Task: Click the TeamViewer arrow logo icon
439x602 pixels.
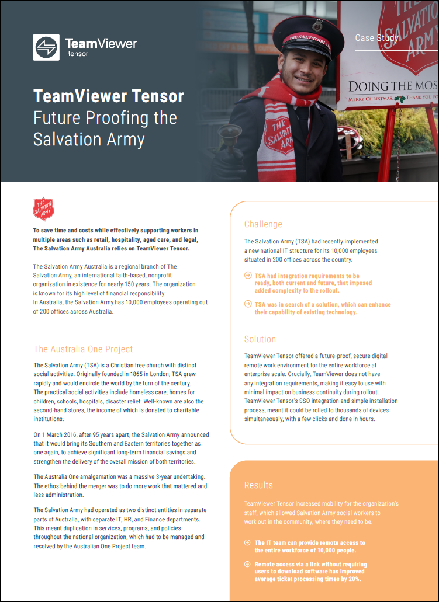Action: [46, 47]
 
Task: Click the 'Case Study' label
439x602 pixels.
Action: [376, 39]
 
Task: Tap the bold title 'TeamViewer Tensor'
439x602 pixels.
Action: [109, 96]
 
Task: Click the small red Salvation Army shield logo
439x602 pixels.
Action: [43, 209]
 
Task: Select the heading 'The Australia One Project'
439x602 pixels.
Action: [83, 349]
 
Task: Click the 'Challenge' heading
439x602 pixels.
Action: [263, 224]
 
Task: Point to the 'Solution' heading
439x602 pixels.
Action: [260, 339]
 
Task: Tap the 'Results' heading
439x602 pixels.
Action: [258, 485]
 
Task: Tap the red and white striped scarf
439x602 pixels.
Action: [280, 126]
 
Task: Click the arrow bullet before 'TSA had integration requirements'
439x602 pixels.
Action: [248, 276]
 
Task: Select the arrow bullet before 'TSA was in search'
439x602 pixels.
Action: [248, 305]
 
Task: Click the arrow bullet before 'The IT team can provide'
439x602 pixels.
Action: [248, 543]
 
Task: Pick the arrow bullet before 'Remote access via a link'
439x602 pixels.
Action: [248, 565]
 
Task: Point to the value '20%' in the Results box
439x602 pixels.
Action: [352, 579]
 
